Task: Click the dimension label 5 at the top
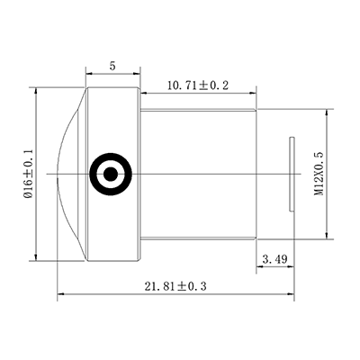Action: [112, 66]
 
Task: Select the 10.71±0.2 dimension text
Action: [198, 85]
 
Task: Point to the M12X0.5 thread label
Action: [319, 174]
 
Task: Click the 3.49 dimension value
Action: [274, 259]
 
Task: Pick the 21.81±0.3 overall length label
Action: [175, 286]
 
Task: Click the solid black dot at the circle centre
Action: [111, 174]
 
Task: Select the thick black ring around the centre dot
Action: [111, 153]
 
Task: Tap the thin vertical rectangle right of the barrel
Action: [292, 174]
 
